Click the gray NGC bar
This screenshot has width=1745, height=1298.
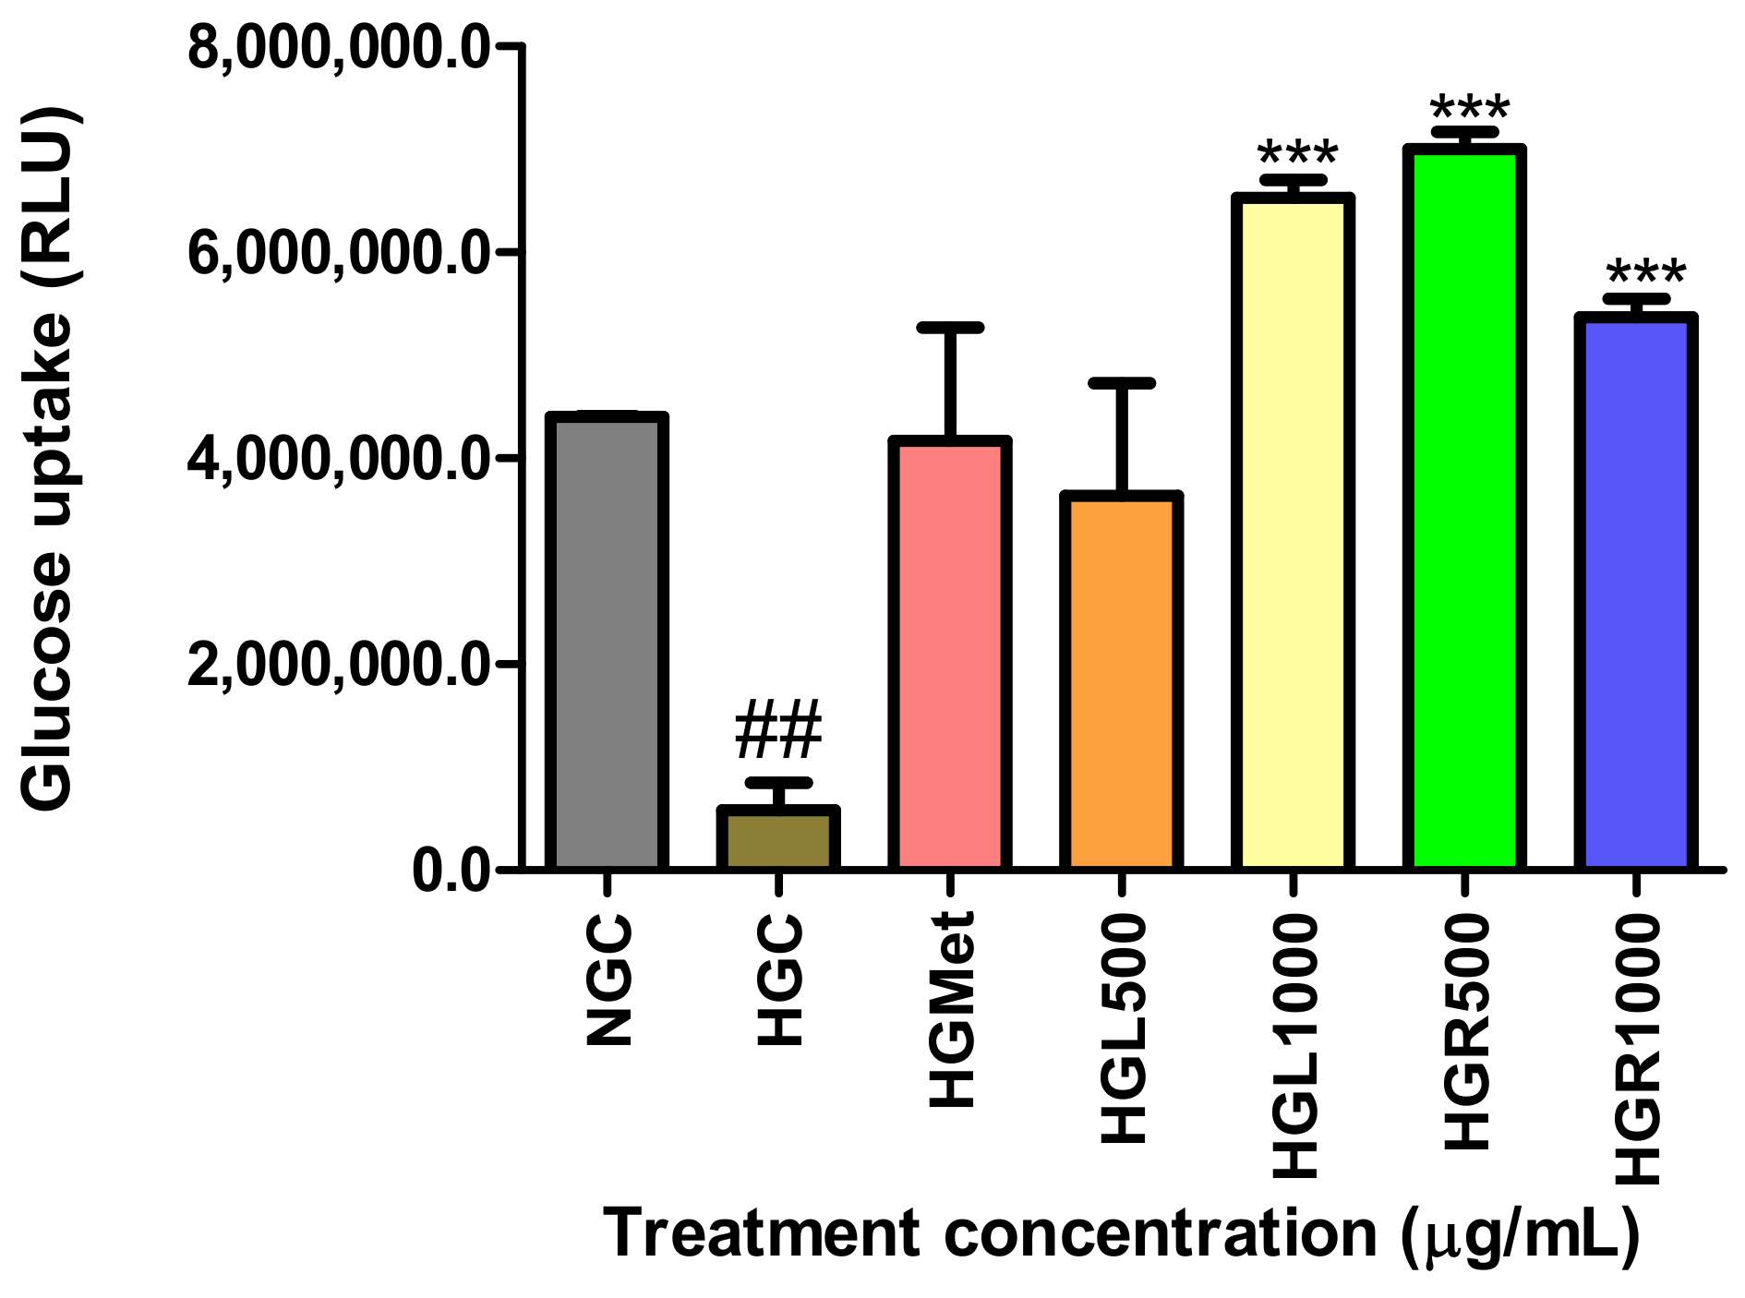click(606, 642)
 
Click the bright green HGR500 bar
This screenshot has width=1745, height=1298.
click(1464, 508)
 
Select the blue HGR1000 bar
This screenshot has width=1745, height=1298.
click(1636, 592)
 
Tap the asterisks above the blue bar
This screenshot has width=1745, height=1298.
click(1645, 274)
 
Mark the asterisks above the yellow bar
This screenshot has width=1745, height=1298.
click(1297, 155)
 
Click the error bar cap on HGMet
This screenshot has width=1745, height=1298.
click(950, 328)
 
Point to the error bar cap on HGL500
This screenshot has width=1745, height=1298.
click(1122, 382)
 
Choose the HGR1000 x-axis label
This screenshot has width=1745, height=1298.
click(1638, 1050)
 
